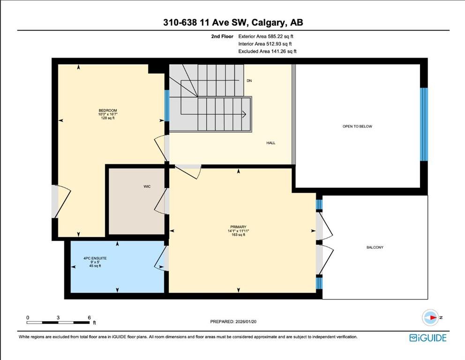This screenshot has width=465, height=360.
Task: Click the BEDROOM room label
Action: pos(108,110)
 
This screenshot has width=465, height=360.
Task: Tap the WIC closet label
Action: pos(147,187)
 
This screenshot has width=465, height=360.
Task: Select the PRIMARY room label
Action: pos(238,227)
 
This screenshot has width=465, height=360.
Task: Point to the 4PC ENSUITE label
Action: pos(95,258)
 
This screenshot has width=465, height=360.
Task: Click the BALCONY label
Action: pos(375,247)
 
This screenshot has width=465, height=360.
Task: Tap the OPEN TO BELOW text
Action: pos(357,126)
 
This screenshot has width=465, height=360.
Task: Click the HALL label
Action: pos(271,143)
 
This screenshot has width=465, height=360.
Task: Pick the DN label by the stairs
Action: pos(249,81)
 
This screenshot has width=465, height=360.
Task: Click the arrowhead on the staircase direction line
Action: pos(244,114)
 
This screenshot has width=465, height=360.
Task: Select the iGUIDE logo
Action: pos(428,338)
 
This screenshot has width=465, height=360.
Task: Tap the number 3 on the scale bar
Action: pos(58,318)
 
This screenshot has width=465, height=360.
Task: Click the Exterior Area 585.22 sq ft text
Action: pos(266,37)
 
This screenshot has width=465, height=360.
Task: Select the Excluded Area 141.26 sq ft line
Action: pos(268,51)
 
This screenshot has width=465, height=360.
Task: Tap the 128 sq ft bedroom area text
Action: pos(108,118)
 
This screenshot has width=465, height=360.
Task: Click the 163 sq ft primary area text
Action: pos(238,235)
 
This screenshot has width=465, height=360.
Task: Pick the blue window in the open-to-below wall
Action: pos(424,124)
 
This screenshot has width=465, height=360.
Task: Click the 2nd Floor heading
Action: pos(222,37)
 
